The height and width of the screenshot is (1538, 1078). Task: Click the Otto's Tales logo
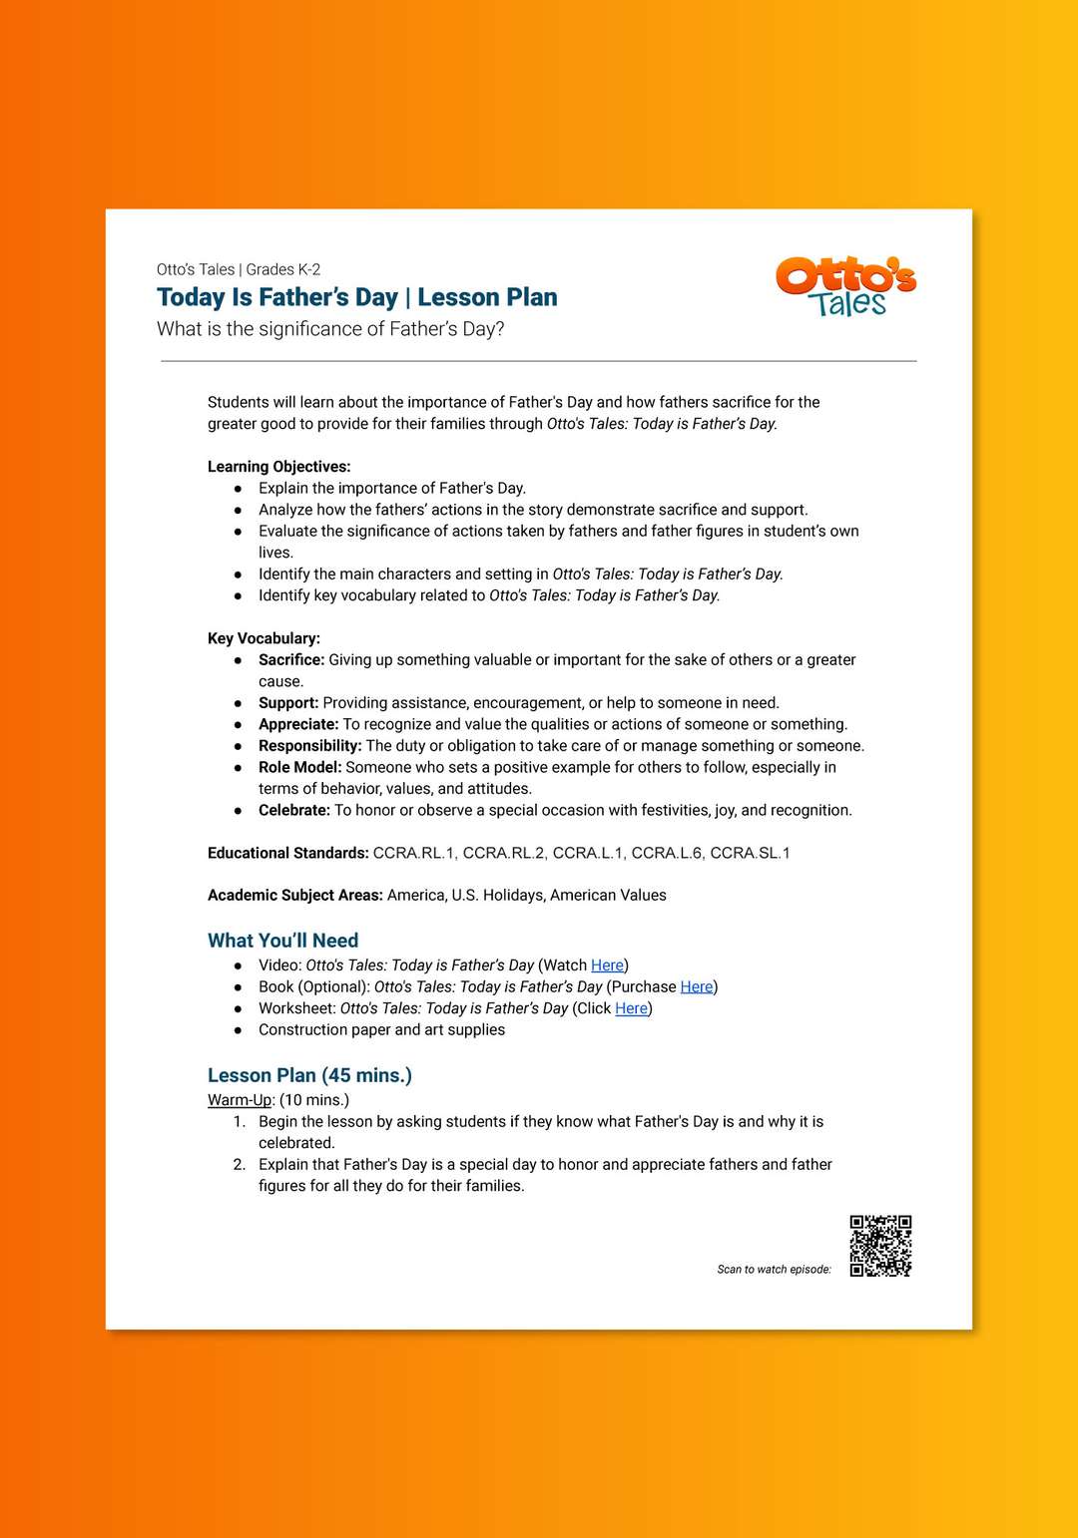click(x=845, y=287)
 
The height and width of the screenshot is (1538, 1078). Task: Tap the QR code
click(x=880, y=1246)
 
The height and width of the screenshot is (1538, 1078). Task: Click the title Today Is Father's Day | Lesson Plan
click(x=356, y=297)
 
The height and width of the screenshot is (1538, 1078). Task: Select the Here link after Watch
click(x=607, y=965)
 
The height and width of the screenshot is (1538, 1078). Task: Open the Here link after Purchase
click(x=697, y=986)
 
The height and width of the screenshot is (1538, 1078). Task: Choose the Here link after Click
click(x=631, y=1008)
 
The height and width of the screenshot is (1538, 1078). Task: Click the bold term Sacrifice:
click(x=291, y=660)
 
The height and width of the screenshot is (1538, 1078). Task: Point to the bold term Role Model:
click(x=299, y=767)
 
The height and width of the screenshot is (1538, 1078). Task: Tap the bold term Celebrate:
click(x=293, y=810)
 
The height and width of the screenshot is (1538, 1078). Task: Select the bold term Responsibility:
click(x=309, y=746)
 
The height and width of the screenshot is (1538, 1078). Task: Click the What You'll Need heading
click(x=282, y=941)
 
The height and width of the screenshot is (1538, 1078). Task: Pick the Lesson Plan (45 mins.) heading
click(x=309, y=1075)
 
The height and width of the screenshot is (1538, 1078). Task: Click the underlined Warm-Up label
click(x=240, y=1100)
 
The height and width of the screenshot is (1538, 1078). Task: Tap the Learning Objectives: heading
click(x=278, y=467)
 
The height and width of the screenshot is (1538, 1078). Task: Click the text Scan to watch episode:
click(x=774, y=1270)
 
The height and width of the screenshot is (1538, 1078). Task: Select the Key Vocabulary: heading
click(x=264, y=638)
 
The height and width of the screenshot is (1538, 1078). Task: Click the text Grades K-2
click(x=283, y=269)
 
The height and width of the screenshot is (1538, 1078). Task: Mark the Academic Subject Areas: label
click(x=294, y=896)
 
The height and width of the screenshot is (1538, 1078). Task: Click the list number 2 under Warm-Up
click(x=240, y=1165)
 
